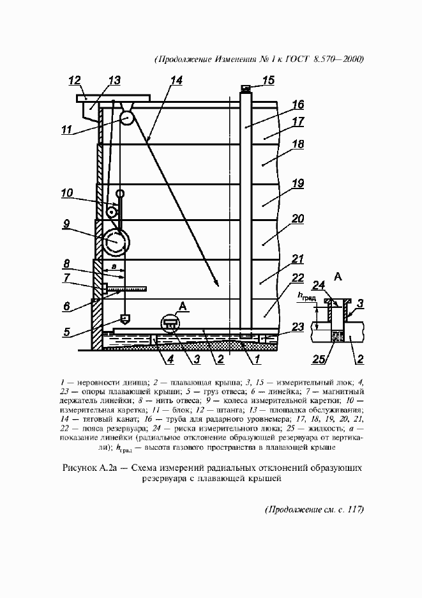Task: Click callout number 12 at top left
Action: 75,80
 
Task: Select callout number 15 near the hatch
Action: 268,80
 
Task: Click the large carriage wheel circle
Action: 116,241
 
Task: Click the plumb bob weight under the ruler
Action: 123,318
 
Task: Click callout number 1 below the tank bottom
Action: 255,360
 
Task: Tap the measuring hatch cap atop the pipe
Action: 245,88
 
